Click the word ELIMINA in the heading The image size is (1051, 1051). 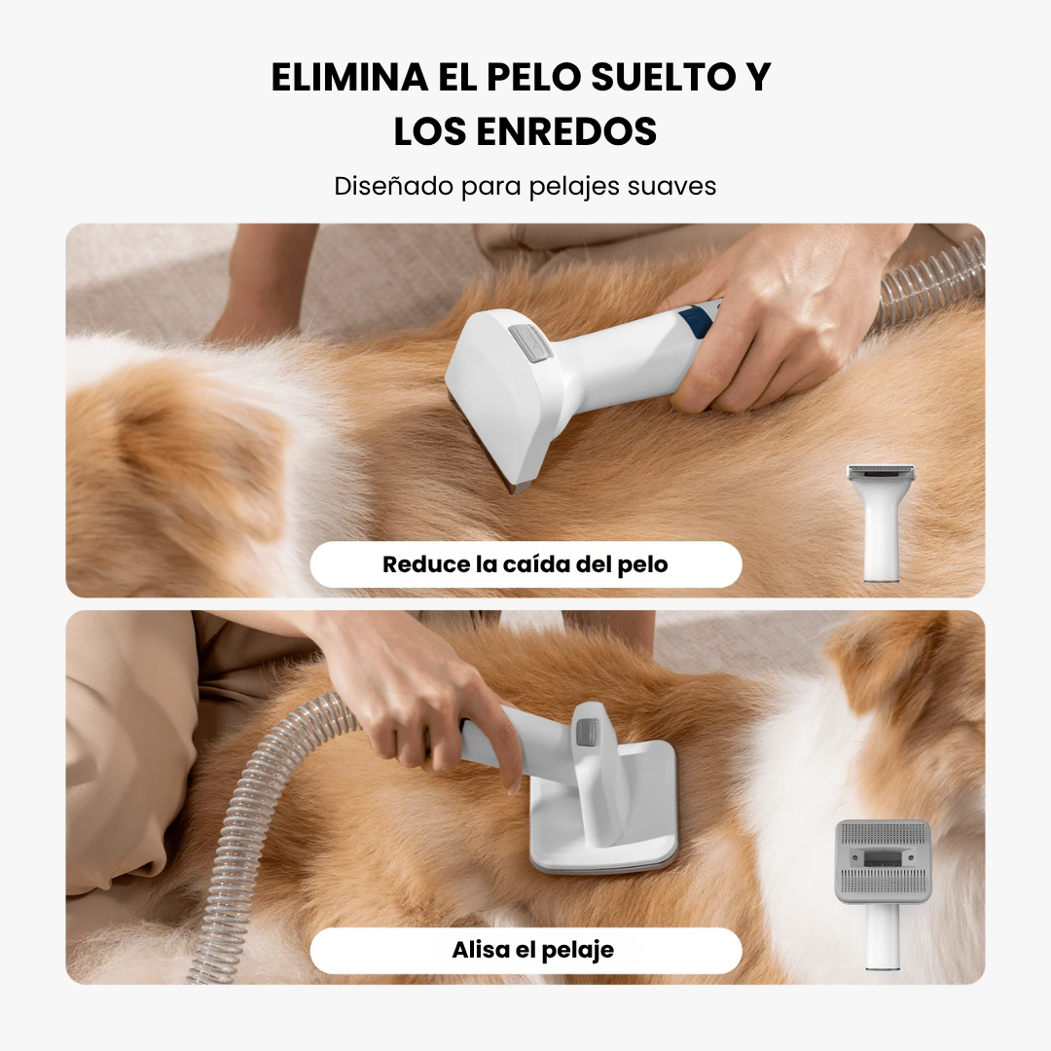pyautogui.click(x=350, y=77)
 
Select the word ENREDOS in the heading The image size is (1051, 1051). pyautogui.click(x=566, y=131)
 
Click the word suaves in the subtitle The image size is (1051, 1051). pyautogui.click(x=671, y=186)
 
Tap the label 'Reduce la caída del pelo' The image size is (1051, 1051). pyautogui.click(x=525, y=564)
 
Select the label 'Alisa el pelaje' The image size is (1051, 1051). pyautogui.click(x=533, y=950)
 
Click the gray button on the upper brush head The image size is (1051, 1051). pyautogui.click(x=529, y=343)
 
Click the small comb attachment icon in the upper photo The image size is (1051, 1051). pyautogui.click(x=881, y=523)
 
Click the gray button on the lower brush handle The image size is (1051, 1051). pyautogui.click(x=587, y=733)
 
